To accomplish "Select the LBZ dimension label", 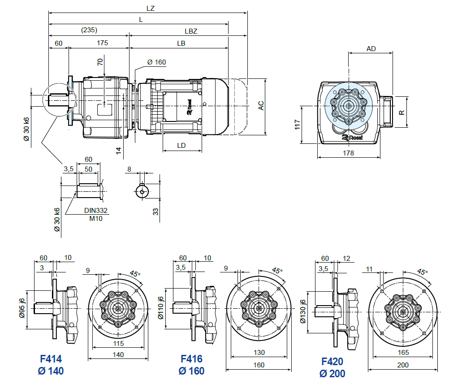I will coord(191,31).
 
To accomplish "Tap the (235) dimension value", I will coord(89,30).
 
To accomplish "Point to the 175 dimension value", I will coord(102,43).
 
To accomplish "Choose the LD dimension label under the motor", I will coord(181,146).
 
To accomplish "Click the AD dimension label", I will coord(371,48).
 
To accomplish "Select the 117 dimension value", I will coord(297,125).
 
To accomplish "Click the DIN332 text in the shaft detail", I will coord(96,210).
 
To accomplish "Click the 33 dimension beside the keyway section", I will coord(156,211).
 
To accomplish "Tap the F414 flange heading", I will coord(51,359).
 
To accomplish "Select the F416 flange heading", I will coord(191,359).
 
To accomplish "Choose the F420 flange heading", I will coord(332,361).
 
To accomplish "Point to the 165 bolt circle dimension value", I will coord(403,353).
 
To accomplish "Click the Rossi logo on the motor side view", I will coord(189,106).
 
